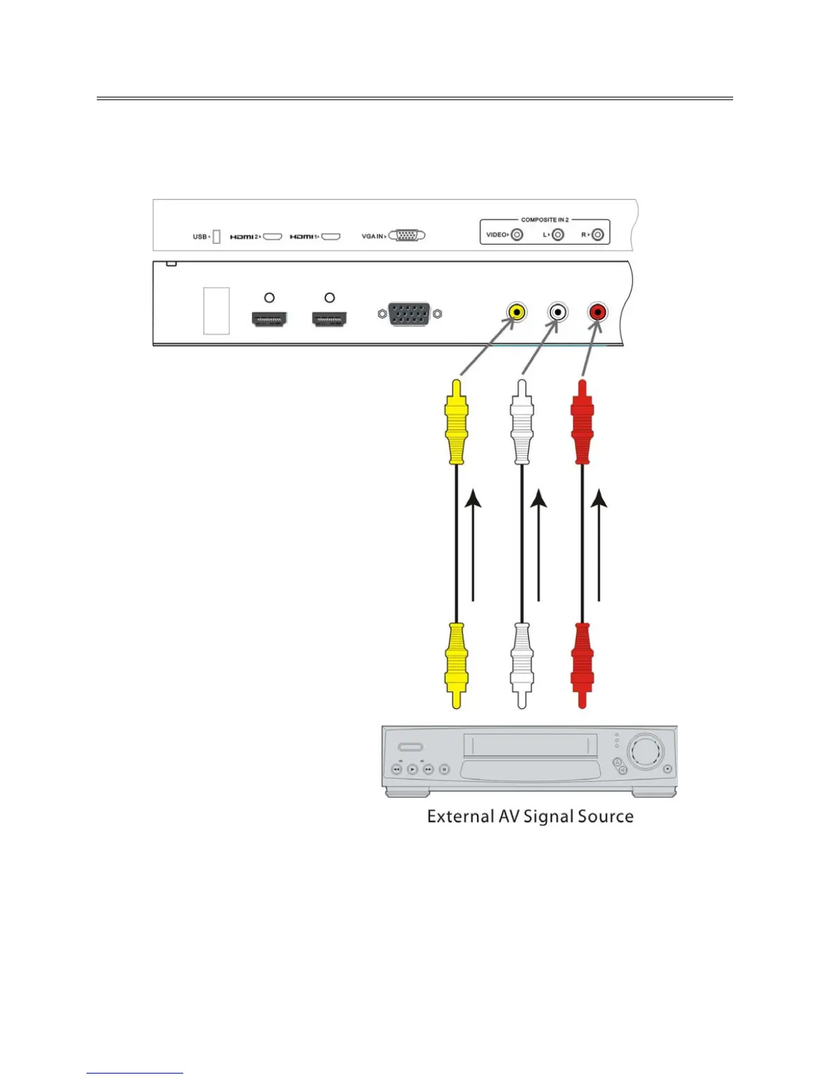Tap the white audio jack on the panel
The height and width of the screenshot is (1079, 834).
pos(557,313)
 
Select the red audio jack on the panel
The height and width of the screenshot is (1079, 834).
pos(598,313)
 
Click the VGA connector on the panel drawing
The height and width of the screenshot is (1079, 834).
pos(410,314)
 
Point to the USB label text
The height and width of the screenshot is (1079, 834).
pos(200,237)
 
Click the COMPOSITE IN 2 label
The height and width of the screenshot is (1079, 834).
pos(544,220)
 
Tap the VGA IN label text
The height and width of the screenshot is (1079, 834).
pos(372,236)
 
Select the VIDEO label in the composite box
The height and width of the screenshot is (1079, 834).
pos(496,235)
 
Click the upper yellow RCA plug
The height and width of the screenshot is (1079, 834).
pos(456,422)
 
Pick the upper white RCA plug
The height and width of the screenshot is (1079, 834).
pos(522,422)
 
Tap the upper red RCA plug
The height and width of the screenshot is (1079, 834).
pos(582,422)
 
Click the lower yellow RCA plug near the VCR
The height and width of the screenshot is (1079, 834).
pos(456,664)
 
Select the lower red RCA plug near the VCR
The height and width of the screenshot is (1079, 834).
pos(582,664)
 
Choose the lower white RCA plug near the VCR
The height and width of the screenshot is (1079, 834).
pos(522,664)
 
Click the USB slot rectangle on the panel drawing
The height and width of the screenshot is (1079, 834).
pos(217,311)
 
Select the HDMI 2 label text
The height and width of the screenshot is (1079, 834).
pos(243,237)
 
